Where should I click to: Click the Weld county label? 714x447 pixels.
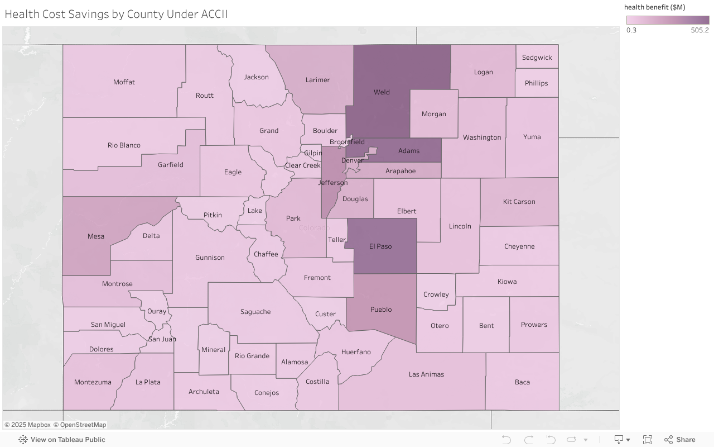382,92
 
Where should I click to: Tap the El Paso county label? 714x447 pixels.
380,246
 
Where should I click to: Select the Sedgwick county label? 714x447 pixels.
537,58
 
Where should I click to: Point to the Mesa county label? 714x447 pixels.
96,236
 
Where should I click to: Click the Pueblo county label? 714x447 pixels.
381,310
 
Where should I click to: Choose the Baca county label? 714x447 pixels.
522,382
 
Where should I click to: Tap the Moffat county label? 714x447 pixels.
124,82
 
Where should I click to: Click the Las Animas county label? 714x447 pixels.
426,374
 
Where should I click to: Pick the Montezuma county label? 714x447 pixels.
93,382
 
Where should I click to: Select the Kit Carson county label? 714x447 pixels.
519,202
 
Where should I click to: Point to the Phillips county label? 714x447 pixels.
536,83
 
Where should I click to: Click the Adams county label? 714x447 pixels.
409,151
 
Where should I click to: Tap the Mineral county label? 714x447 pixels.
213,350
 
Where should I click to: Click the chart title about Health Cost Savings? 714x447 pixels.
116,14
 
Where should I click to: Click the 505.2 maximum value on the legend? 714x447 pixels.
699,30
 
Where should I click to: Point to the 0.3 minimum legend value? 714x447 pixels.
631,30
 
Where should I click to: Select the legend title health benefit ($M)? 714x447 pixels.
654,7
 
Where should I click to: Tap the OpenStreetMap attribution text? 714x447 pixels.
83,425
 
